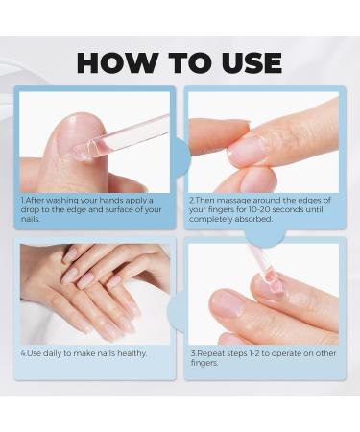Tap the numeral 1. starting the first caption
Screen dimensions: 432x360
tap(23, 200)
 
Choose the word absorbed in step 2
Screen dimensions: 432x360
tap(240, 218)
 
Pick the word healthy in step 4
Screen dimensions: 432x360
tap(133, 352)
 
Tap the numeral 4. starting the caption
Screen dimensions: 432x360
tap(23, 352)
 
